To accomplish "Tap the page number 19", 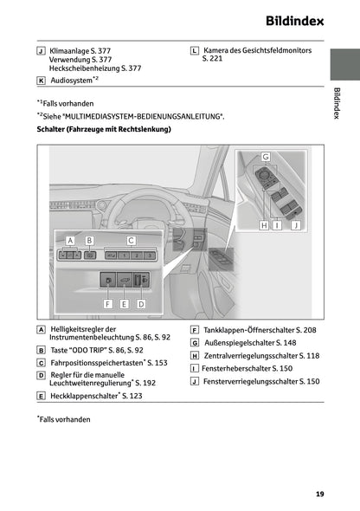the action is tap(320, 495).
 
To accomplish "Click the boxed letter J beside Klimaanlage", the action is tap(42, 51).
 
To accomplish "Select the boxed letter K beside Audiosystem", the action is tap(42, 80).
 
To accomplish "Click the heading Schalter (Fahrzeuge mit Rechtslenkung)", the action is tap(104, 129).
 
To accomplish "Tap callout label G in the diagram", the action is tap(265, 156).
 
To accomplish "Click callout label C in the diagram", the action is tap(132, 240).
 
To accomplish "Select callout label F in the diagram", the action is tap(108, 304).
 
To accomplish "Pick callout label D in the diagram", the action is tap(141, 304).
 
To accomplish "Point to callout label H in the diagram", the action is tap(265, 225).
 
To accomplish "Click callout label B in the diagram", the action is tap(88, 240).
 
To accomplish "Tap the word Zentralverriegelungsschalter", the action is tap(247, 355).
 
